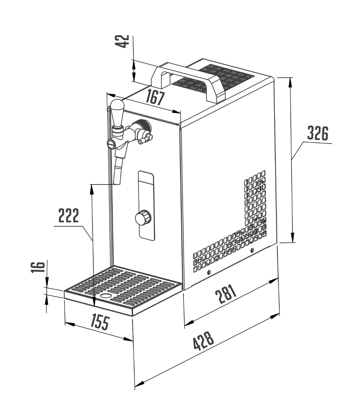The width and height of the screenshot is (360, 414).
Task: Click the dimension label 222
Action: (x=68, y=216)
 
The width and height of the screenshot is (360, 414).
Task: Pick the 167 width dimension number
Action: (x=154, y=97)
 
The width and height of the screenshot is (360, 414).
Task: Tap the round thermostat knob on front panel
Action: (x=141, y=218)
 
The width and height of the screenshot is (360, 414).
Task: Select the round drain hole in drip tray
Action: (x=106, y=296)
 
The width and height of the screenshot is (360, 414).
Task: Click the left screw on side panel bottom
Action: (x=208, y=273)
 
